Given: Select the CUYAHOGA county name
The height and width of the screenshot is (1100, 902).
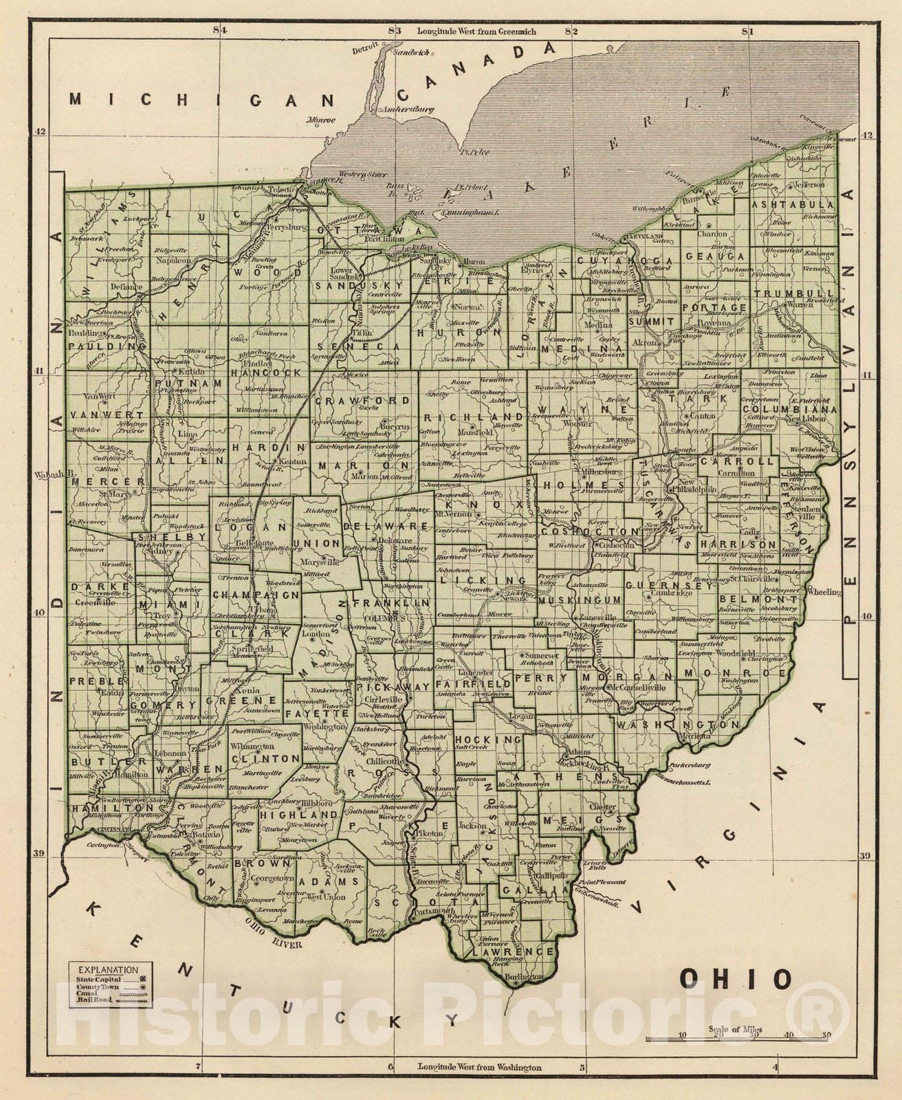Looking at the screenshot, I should (x=615, y=261).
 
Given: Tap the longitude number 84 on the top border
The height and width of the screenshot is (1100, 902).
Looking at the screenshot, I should (x=219, y=30).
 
